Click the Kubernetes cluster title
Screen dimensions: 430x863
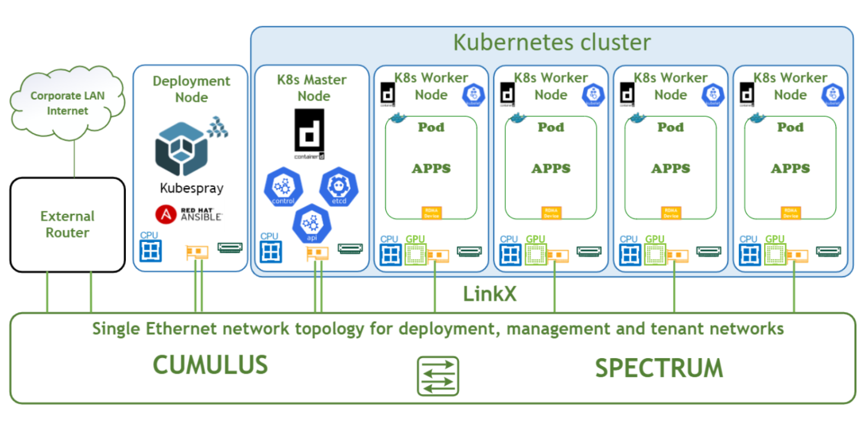[x=551, y=43]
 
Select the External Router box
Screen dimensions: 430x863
[x=67, y=225]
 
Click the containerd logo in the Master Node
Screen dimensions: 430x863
[x=309, y=134]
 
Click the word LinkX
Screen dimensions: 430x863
[x=489, y=294]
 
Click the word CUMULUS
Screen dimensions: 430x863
[x=210, y=365]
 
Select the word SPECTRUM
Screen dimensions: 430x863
[x=659, y=368]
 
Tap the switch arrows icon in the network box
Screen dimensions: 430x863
[x=437, y=376]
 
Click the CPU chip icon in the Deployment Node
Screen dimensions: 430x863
[x=150, y=251]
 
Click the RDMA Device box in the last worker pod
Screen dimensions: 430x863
[x=790, y=213]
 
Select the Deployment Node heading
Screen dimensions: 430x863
[x=191, y=89]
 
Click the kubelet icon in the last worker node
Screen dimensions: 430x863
[x=832, y=95]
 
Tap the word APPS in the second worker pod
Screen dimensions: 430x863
[x=551, y=169]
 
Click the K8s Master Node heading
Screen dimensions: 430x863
[x=312, y=87]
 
